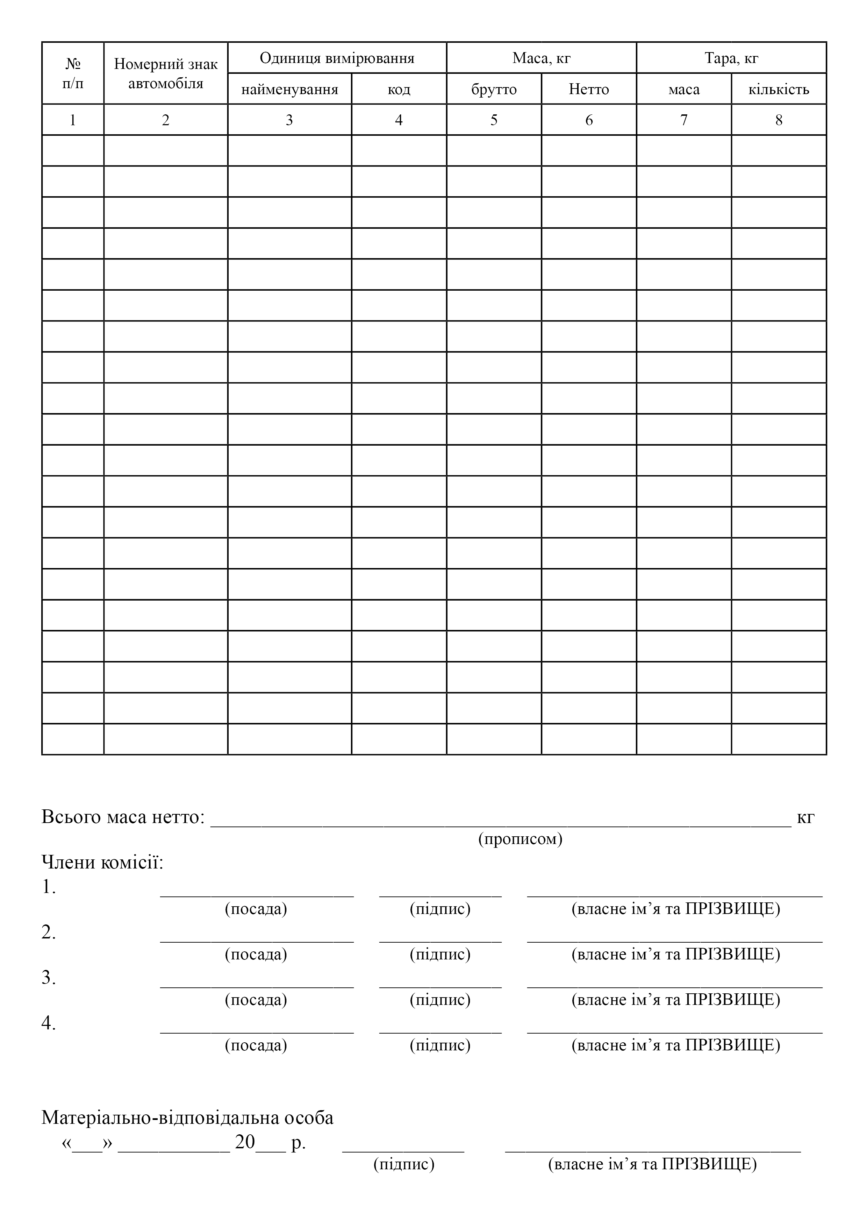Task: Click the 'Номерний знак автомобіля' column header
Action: point(166,73)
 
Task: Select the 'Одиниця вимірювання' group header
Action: point(337,58)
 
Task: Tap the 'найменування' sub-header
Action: point(289,89)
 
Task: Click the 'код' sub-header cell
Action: point(399,89)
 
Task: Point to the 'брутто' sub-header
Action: point(494,89)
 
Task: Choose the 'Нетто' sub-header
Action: point(589,89)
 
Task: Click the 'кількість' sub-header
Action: point(778,89)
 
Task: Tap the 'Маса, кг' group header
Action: point(541,58)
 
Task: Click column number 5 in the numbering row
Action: point(494,120)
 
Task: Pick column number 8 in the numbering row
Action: point(778,120)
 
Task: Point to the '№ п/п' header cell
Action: point(73,73)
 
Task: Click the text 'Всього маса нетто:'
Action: point(123,817)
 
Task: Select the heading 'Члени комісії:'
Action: point(102,862)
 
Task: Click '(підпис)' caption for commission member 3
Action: point(440,999)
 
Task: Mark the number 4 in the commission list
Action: point(48,1023)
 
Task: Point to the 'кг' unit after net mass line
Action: point(805,817)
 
